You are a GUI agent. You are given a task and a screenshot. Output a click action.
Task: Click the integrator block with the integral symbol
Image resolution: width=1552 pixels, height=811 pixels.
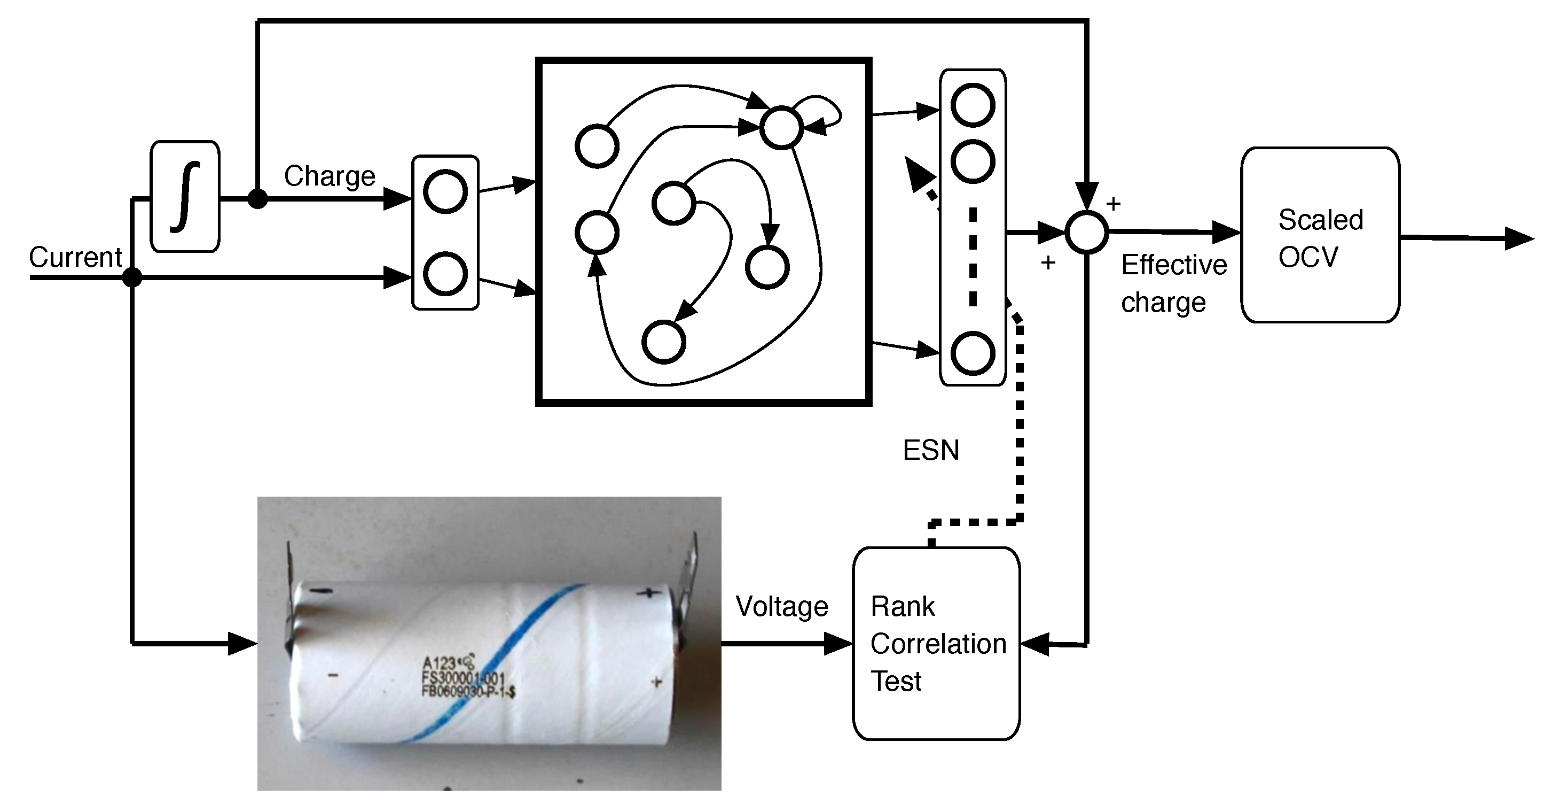click(184, 197)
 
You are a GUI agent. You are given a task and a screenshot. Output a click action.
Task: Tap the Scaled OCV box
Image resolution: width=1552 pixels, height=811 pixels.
click(1320, 235)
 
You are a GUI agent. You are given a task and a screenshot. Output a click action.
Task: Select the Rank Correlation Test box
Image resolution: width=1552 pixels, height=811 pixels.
click(936, 643)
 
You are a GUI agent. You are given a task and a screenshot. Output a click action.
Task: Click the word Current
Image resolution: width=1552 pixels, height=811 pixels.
click(75, 258)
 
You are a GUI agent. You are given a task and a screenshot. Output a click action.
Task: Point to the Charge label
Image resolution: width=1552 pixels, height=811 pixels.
click(330, 176)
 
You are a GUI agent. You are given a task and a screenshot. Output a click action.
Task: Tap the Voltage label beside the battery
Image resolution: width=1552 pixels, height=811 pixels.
click(781, 607)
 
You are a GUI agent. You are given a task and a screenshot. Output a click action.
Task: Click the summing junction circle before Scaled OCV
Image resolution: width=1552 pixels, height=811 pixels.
click(1086, 232)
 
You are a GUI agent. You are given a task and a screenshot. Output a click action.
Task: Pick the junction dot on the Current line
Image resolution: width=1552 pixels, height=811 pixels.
click(132, 277)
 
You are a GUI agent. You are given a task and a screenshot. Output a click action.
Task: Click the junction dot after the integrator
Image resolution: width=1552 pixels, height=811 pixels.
click(257, 198)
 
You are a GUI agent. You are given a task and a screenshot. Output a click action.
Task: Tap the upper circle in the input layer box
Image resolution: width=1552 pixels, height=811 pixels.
click(445, 192)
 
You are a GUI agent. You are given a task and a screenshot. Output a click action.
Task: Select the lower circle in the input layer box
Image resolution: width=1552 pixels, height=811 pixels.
click(445, 274)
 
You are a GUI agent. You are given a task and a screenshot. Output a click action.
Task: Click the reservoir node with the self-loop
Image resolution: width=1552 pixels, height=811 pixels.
click(781, 127)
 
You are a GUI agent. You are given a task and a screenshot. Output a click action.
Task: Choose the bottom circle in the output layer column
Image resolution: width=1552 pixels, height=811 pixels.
click(973, 353)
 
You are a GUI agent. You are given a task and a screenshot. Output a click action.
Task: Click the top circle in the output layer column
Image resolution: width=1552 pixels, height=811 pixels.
click(973, 105)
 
